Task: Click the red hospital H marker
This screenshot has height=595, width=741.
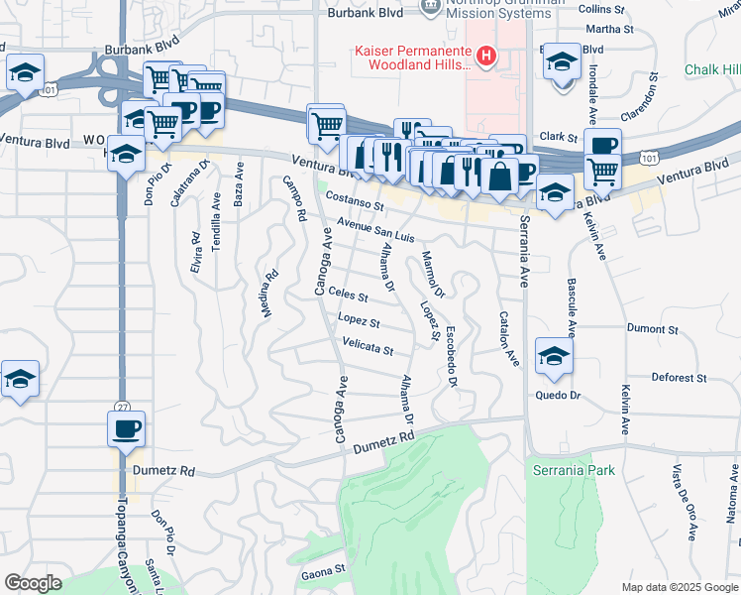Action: coord(485,57)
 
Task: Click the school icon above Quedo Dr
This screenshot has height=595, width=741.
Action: coord(554,357)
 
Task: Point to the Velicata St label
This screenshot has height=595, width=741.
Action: coord(368,350)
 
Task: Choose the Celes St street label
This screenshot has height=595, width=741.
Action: coord(348,296)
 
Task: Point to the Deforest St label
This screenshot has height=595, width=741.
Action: coord(679,378)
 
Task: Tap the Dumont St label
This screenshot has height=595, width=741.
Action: coord(652,327)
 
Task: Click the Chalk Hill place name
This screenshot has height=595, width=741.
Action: coord(712,69)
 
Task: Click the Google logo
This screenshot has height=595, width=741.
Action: coord(33,583)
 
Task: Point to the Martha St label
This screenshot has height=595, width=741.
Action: coord(615,29)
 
